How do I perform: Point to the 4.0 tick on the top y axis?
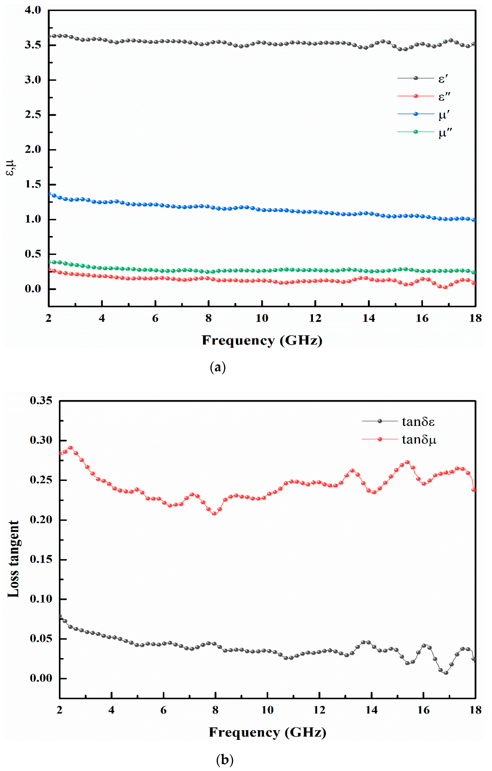[33, 10]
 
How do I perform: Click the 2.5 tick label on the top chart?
[33, 115]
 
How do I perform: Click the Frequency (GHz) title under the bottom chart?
[268, 732]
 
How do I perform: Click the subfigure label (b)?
[225, 759]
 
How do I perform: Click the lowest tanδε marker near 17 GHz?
[446, 673]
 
